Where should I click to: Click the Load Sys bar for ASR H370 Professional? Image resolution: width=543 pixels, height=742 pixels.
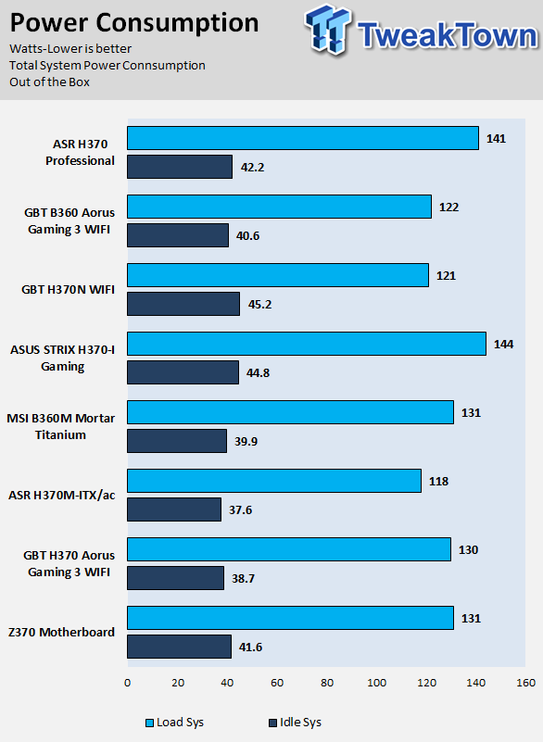coord(303,138)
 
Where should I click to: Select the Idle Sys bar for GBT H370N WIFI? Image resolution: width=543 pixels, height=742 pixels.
coord(183,304)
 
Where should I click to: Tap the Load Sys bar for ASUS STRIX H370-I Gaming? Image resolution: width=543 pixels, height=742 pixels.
coord(307,344)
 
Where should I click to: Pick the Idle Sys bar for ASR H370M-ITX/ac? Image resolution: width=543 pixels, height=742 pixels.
coord(174,509)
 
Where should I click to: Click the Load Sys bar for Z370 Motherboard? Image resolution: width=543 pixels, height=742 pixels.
coord(291,618)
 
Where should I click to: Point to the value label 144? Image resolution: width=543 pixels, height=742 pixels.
coord(504,344)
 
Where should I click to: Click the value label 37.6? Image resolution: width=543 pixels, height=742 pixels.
coord(241,510)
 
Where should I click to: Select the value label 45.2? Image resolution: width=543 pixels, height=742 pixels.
coord(259,304)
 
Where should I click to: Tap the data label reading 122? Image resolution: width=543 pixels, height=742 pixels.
coord(448,208)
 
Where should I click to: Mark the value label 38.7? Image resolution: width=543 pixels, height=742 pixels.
coord(244,579)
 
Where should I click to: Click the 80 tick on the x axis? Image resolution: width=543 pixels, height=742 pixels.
coord(327,683)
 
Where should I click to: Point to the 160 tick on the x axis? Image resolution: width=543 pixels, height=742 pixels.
coord(526,683)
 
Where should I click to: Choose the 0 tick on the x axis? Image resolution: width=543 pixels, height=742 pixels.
coord(127,683)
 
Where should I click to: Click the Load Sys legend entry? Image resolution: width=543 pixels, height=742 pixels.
coord(175,723)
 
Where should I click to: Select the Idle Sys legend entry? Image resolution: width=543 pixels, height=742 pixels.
coord(295,723)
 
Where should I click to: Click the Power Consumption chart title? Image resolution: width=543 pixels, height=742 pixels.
coord(134,23)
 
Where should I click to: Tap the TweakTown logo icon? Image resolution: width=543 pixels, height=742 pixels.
coord(328,30)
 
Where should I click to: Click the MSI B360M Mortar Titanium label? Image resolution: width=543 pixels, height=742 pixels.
coord(60,426)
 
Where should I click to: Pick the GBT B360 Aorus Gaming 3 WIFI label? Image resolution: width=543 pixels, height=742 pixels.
coord(69,221)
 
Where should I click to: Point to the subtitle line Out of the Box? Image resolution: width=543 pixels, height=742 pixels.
coord(50,82)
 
